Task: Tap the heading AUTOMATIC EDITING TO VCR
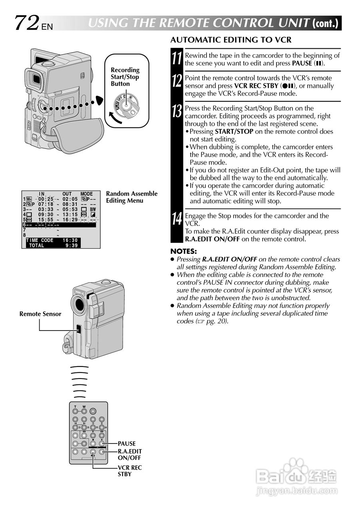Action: pos(231,40)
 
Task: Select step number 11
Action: pos(177,59)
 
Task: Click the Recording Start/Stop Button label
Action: pos(125,77)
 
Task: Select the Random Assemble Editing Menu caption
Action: pos(131,197)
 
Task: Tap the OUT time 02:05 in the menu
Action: pos(70,199)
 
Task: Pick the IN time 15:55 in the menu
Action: pos(46,220)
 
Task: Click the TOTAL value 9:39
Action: pos(72,246)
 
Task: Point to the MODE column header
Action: pos(87,194)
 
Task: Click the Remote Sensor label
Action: pos(40,314)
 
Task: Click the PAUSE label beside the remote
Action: pos(127,444)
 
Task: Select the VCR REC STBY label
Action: pos(129,471)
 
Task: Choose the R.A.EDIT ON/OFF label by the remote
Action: pos(129,455)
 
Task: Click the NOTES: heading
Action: pos(183,252)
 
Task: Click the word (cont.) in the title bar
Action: pos(326,24)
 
